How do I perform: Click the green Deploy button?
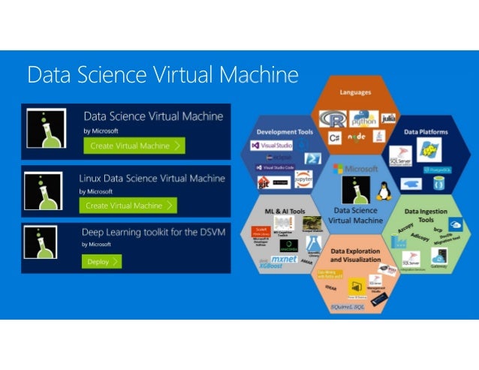tap(101, 262)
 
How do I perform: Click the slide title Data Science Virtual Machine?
tap(163, 75)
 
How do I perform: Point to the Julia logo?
tap(388, 119)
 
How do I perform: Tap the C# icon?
tap(334, 138)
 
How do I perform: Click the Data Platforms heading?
tap(426, 132)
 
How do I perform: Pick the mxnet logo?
tap(285, 259)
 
